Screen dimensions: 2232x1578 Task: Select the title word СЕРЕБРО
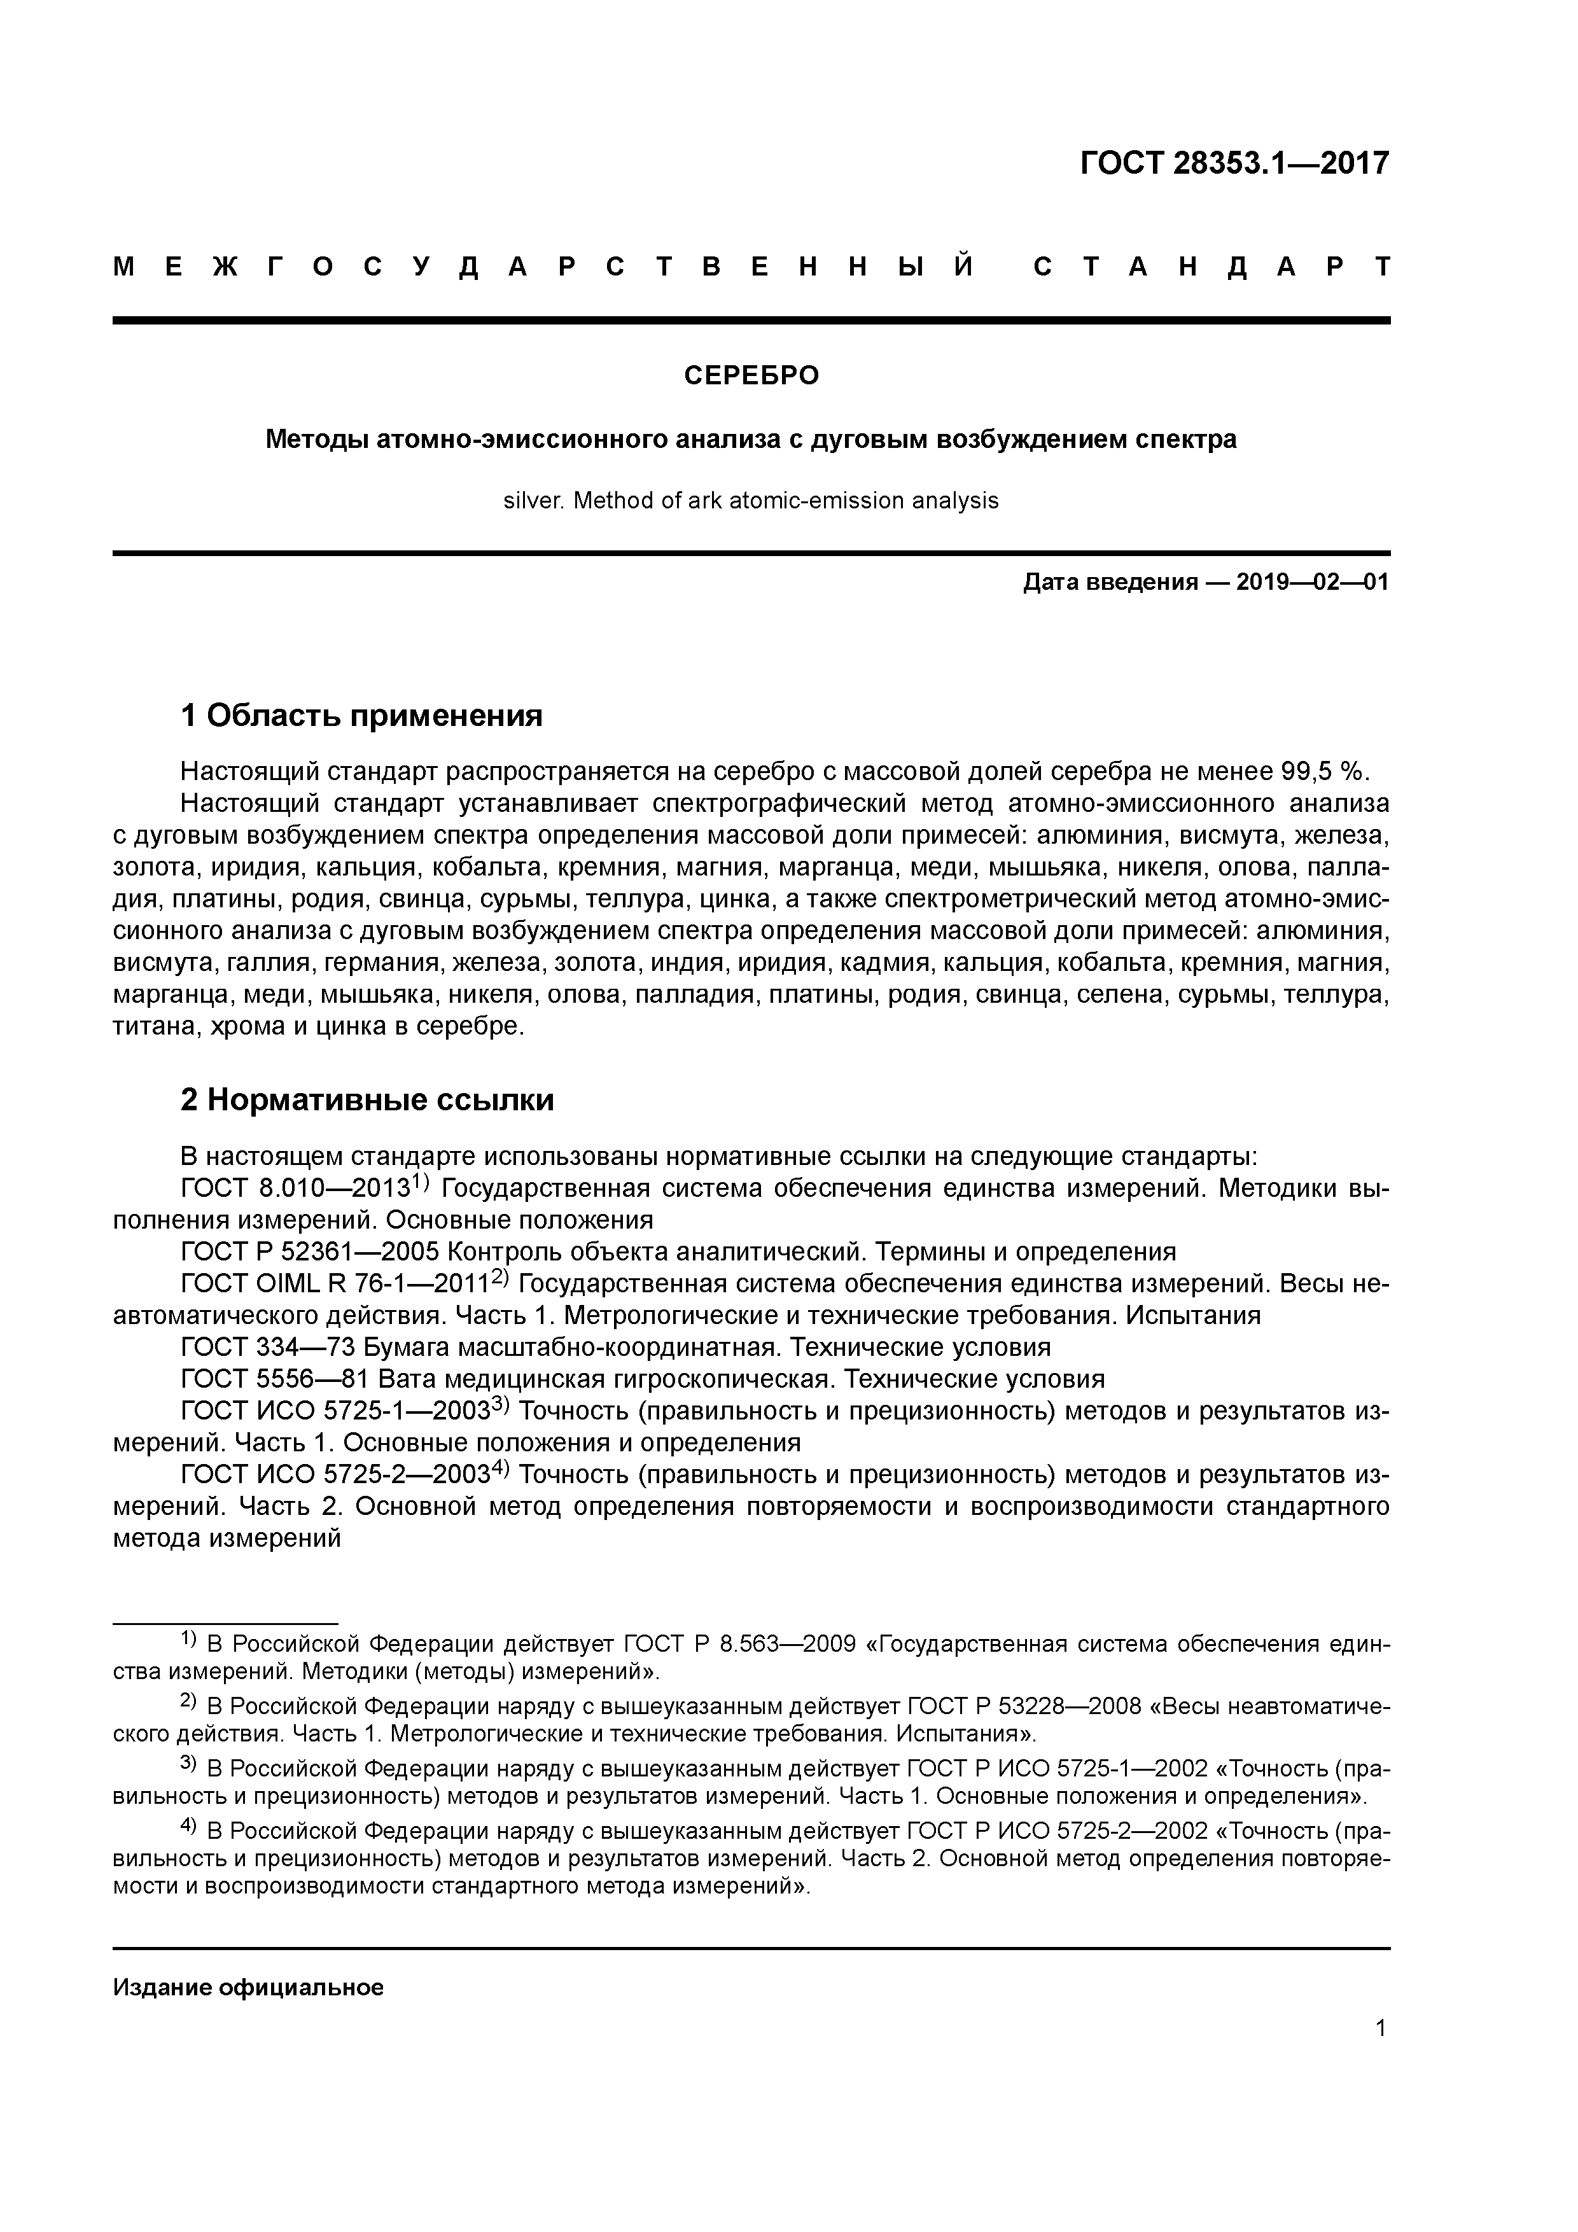751,375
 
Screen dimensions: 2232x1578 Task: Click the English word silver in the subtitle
532,501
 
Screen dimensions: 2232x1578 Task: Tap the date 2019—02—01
1313,583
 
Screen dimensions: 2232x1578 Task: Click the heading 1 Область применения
361,716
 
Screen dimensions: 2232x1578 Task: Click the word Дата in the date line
1051,583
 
